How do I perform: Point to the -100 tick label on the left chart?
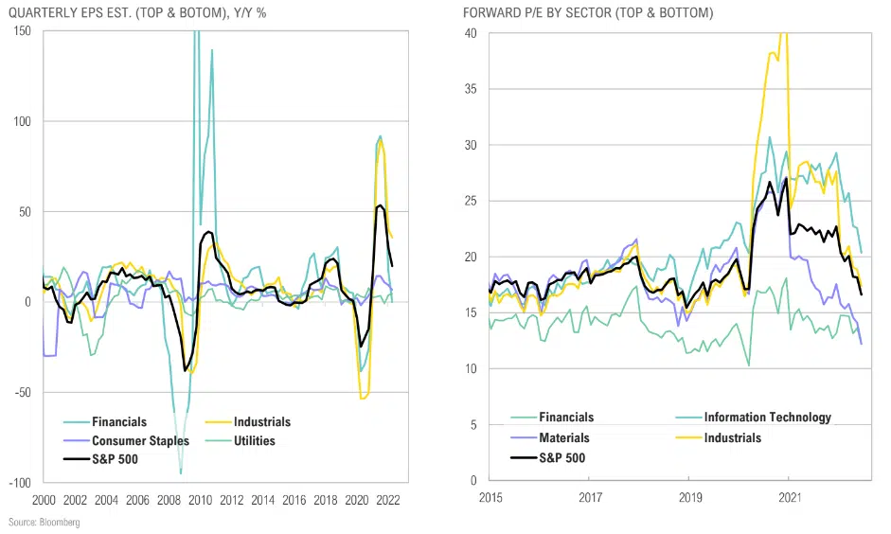(x=19, y=482)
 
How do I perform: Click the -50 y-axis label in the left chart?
(x=22, y=392)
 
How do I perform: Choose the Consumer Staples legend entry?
(x=140, y=440)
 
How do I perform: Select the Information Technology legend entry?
(x=767, y=418)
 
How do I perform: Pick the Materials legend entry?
(x=564, y=437)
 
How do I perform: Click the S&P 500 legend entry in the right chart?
(x=561, y=458)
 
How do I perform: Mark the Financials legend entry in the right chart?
(x=566, y=418)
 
